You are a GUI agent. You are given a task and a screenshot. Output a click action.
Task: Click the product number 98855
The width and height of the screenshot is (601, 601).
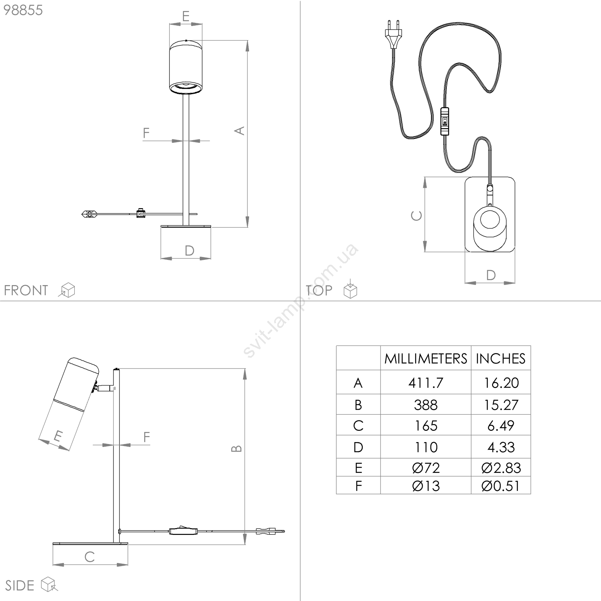tap(23, 10)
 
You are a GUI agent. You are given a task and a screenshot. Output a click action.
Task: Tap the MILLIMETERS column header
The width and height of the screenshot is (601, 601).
tap(426, 359)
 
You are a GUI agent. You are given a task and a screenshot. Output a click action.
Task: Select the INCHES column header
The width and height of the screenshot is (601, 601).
tap(500, 359)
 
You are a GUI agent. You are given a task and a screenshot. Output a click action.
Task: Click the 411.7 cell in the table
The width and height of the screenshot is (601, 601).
tap(426, 383)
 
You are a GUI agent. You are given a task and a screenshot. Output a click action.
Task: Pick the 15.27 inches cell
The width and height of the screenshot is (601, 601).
tap(501, 405)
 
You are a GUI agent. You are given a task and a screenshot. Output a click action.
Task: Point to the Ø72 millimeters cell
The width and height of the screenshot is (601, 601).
tap(426, 468)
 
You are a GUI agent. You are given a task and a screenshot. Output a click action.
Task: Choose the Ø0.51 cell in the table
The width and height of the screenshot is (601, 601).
tap(501, 486)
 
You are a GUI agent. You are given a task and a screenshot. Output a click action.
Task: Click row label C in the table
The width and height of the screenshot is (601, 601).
tap(358, 426)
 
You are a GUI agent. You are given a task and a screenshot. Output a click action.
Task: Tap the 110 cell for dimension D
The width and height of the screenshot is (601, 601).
tap(426, 447)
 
